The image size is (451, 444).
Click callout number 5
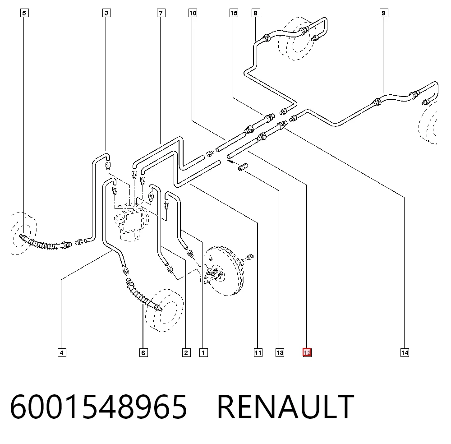point(24,13)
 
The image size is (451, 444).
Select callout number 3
point(107,13)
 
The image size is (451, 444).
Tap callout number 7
point(161,13)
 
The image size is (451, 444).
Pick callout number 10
point(193,13)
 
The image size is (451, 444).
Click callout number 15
point(234,13)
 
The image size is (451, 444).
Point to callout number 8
point(255,13)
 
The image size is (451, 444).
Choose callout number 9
point(384,13)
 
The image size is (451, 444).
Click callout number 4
point(62,353)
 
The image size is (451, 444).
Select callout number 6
point(143,353)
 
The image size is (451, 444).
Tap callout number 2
point(186,353)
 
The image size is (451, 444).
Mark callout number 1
point(203,353)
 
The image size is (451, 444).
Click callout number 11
point(258,353)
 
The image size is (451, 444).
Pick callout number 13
point(280,353)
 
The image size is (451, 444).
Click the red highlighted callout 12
point(307,352)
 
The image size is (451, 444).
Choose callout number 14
point(405,353)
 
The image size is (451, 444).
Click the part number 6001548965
point(99,407)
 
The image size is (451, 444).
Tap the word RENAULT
point(285,407)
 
